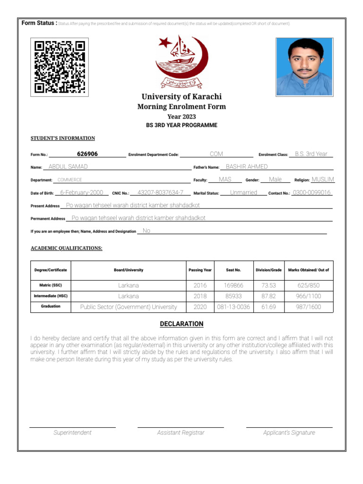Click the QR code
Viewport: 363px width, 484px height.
tap(60, 67)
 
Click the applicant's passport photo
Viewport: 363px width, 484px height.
tap(304, 67)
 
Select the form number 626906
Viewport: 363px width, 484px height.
tap(87, 154)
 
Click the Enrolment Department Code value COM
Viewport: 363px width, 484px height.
tap(216, 154)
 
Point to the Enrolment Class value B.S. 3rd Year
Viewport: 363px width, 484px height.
tap(311, 154)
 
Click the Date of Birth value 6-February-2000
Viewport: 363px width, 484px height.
tap(82, 193)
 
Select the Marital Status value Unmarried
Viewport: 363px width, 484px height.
tap(243, 193)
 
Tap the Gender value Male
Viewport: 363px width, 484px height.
tap(275, 180)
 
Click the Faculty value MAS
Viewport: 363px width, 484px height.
tap(225, 180)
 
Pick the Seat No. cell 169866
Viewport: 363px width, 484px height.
tap(233, 285)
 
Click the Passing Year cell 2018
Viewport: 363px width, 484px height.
tap(200, 296)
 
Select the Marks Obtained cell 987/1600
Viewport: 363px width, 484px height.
tap(308, 307)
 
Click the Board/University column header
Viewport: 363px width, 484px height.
tap(129, 270)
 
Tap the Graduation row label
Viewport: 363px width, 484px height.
tap(51, 306)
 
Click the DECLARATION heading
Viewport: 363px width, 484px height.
tap(181, 324)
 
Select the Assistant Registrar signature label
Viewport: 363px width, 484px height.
tap(181, 432)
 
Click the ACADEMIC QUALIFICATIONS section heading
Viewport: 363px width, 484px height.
tap(66, 248)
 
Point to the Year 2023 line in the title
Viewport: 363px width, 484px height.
tap(181, 117)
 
